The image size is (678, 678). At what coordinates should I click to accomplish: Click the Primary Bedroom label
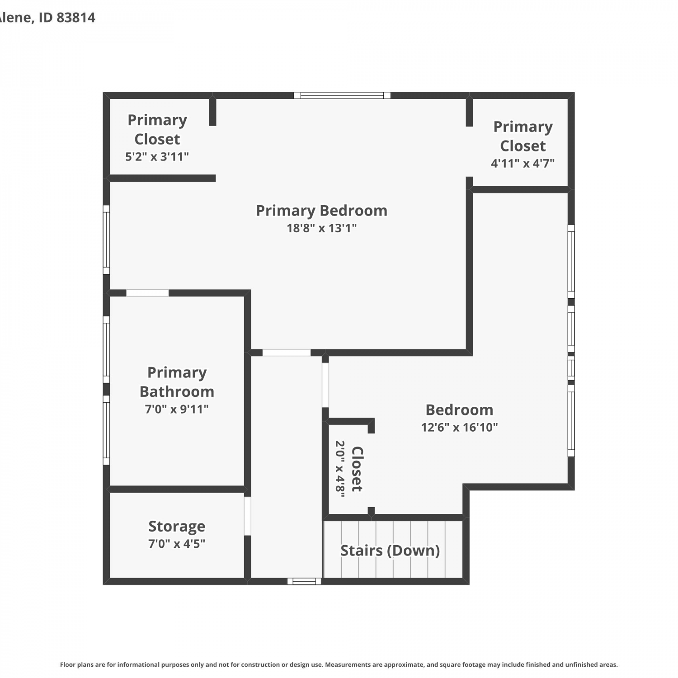pyautogui.click(x=321, y=211)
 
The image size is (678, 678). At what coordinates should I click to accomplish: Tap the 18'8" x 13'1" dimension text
pyautogui.click(x=321, y=228)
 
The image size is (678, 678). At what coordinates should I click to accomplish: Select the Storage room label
pyautogui.click(x=177, y=527)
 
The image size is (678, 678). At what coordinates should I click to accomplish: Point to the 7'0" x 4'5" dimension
pyautogui.click(x=177, y=543)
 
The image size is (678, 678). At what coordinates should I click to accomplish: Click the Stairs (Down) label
pyautogui.click(x=390, y=551)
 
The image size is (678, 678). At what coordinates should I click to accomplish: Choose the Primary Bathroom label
pyautogui.click(x=177, y=382)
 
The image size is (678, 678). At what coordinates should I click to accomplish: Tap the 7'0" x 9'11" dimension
pyautogui.click(x=177, y=409)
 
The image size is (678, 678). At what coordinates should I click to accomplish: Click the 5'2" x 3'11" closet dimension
pyautogui.click(x=157, y=156)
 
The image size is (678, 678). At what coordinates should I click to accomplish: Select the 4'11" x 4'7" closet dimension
pyautogui.click(x=523, y=163)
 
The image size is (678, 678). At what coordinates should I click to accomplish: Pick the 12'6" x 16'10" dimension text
pyautogui.click(x=459, y=427)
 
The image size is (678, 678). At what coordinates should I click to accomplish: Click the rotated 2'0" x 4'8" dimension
pyautogui.click(x=340, y=469)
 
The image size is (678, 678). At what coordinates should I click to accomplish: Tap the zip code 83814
pyautogui.click(x=76, y=18)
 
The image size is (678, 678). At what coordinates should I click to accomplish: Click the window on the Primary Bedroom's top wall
pyautogui.click(x=342, y=95)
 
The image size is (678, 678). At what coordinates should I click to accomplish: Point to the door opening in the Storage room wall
pyautogui.click(x=247, y=516)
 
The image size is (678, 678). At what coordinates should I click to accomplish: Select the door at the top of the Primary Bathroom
pyautogui.click(x=147, y=293)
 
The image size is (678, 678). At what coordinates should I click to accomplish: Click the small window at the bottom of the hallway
pyautogui.click(x=304, y=581)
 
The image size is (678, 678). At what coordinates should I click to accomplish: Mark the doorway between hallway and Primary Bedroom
pyautogui.click(x=287, y=353)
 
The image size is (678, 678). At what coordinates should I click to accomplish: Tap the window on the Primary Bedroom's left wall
pyautogui.click(x=106, y=240)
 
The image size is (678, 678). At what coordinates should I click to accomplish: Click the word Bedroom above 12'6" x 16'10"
pyautogui.click(x=459, y=410)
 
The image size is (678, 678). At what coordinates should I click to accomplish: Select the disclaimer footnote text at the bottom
pyautogui.click(x=339, y=664)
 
